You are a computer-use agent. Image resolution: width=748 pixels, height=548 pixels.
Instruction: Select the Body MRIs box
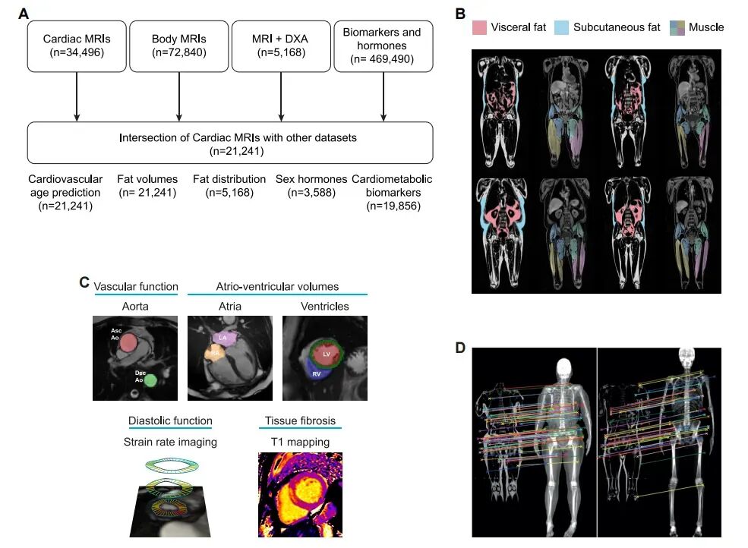(x=179, y=46)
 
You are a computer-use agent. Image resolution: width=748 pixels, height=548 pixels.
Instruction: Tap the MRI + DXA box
(x=281, y=46)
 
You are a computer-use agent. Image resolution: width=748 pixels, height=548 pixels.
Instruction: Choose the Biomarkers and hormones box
(x=383, y=46)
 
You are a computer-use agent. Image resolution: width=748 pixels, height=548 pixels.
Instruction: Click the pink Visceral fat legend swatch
(x=479, y=28)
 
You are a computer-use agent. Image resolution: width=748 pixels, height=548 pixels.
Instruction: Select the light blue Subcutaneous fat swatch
(x=561, y=28)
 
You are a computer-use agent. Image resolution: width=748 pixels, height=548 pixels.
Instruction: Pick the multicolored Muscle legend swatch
(x=677, y=28)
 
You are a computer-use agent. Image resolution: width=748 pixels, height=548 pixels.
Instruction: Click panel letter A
(x=24, y=13)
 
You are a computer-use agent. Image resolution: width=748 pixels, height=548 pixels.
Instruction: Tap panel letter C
(x=85, y=283)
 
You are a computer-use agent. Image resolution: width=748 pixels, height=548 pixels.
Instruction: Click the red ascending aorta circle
(x=129, y=342)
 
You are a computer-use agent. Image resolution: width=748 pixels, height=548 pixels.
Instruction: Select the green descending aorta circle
(x=150, y=380)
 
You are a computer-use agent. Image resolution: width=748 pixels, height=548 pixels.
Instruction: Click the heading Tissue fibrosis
(x=299, y=421)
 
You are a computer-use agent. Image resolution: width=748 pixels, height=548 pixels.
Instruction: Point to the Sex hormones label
(x=311, y=180)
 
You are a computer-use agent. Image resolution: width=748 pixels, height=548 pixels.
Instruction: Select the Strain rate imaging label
(x=170, y=442)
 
